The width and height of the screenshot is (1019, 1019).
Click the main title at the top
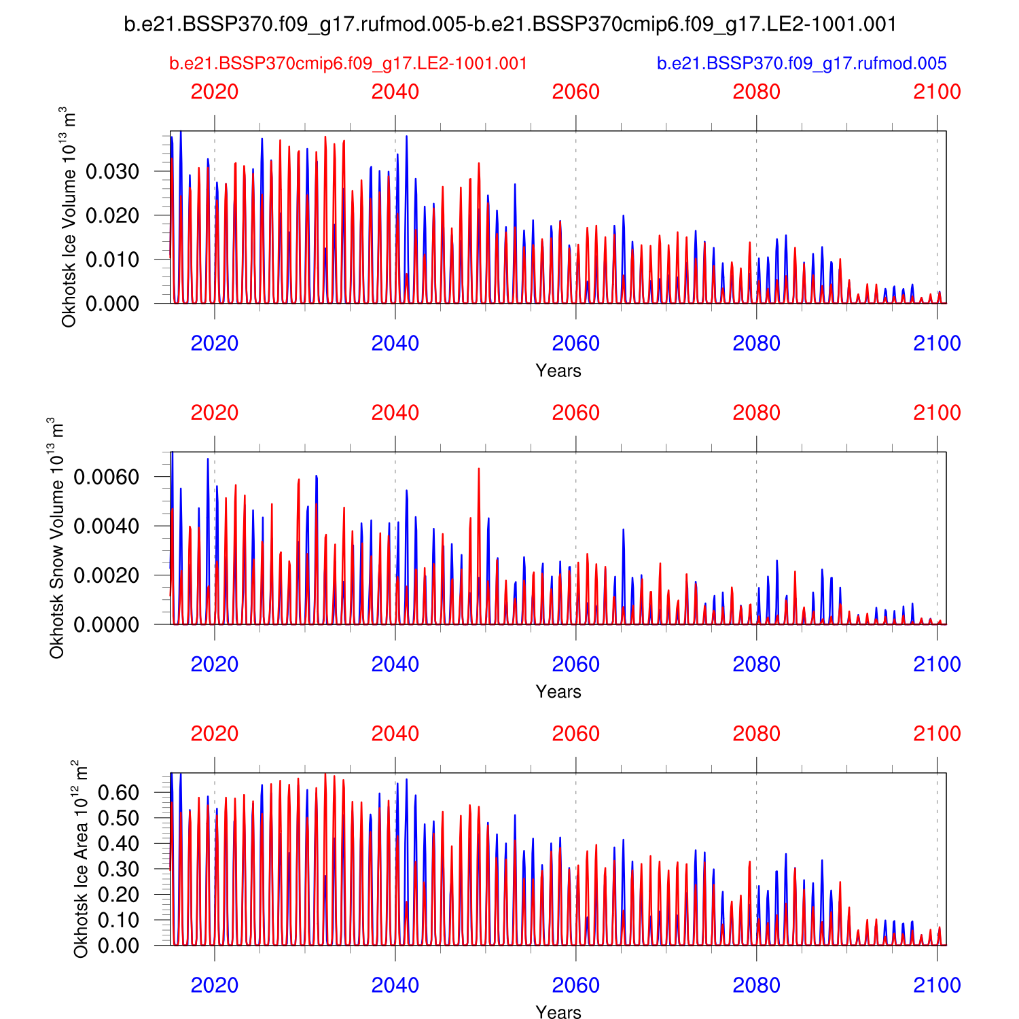point(510,24)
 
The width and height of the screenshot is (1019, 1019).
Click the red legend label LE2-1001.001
point(348,64)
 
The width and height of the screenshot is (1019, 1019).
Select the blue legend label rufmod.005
point(802,64)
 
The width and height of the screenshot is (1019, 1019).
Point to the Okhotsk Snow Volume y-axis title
point(56,538)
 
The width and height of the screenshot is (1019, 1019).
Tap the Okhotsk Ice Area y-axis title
point(81,859)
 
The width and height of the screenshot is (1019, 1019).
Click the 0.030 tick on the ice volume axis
point(112,171)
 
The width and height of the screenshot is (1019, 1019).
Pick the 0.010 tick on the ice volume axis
point(112,260)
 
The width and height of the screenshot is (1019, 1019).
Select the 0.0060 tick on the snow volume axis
point(106,477)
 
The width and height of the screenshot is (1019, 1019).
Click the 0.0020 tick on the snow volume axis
point(106,575)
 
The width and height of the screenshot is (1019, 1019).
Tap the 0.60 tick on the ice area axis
point(118,793)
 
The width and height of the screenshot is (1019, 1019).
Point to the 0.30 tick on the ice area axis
point(118,869)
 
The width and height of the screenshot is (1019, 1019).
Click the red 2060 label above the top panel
point(575,92)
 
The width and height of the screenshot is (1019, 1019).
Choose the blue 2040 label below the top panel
point(395,343)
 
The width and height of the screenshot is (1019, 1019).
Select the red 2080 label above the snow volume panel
point(756,412)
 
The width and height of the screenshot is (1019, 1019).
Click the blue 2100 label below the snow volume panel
point(937,664)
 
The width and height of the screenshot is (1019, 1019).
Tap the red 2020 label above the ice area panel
point(215,734)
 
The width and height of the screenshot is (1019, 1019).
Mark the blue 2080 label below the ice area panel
point(756,985)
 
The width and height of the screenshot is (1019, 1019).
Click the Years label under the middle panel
point(558,692)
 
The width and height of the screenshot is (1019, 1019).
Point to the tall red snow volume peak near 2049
point(479,470)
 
